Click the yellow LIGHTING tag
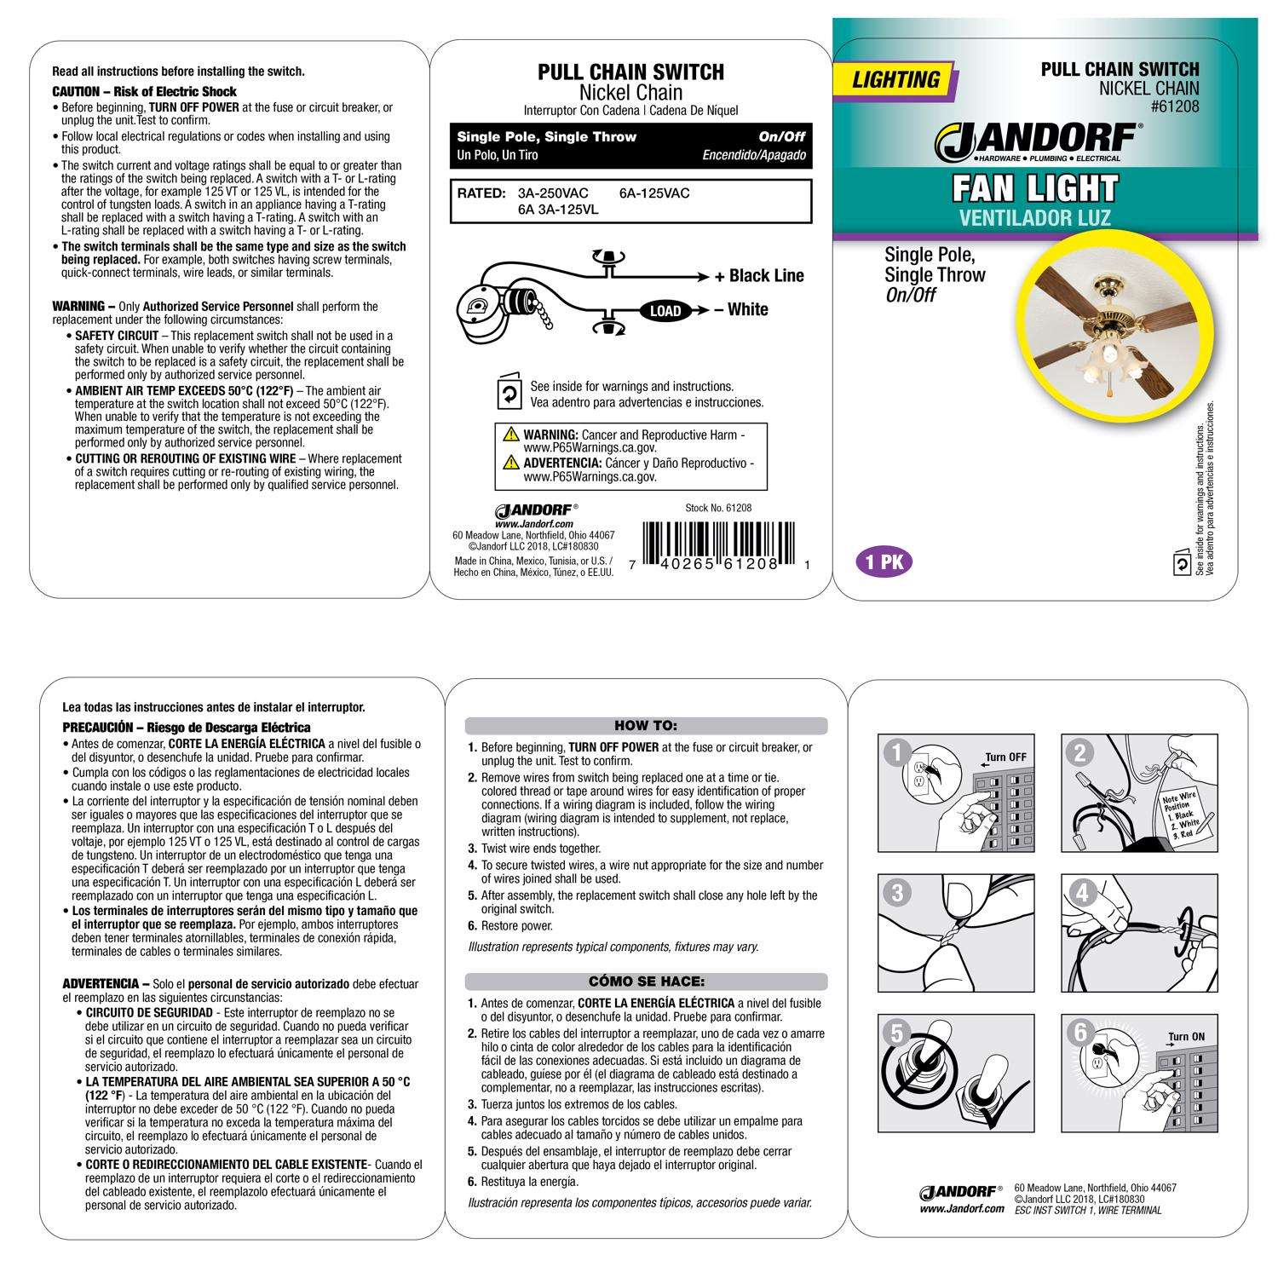point(896,80)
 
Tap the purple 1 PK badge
point(884,563)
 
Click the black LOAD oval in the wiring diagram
point(665,311)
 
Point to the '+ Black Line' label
point(759,276)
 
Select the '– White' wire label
point(741,309)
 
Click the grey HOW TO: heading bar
point(645,726)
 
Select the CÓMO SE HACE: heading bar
point(645,982)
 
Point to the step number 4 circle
point(1081,893)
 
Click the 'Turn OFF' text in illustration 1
point(1006,757)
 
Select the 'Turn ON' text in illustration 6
point(1187,1037)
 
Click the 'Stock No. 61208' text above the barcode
point(718,508)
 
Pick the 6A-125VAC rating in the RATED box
point(654,193)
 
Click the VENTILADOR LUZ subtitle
point(1034,218)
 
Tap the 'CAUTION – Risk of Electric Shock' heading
point(145,91)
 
